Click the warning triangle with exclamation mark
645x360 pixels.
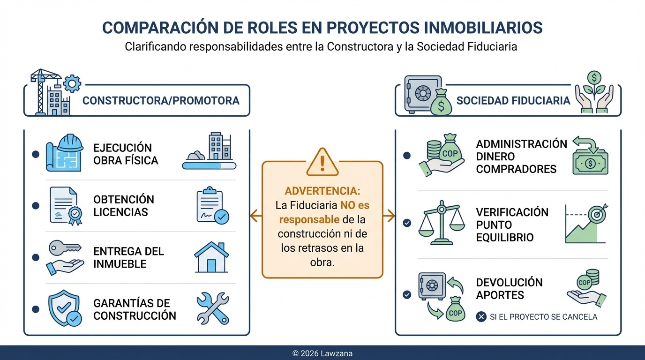[x=322, y=162]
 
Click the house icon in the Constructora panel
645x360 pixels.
[x=211, y=257]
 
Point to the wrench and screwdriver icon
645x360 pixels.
[x=212, y=308]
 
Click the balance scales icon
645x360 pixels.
[x=441, y=223]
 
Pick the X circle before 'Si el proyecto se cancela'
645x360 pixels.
[x=481, y=317]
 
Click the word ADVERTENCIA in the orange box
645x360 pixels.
[x=322, y=191]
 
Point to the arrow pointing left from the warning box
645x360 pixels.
[x=255, y=216]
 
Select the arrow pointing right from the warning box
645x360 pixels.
[x=389, y=216]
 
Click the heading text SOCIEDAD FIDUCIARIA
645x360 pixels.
[x=513, y=100]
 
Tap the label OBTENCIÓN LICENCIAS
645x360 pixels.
[x=123, y=206]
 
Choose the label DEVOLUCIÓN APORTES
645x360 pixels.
[x=509, y=289]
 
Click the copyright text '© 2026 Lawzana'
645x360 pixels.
[x=322, y=353]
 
